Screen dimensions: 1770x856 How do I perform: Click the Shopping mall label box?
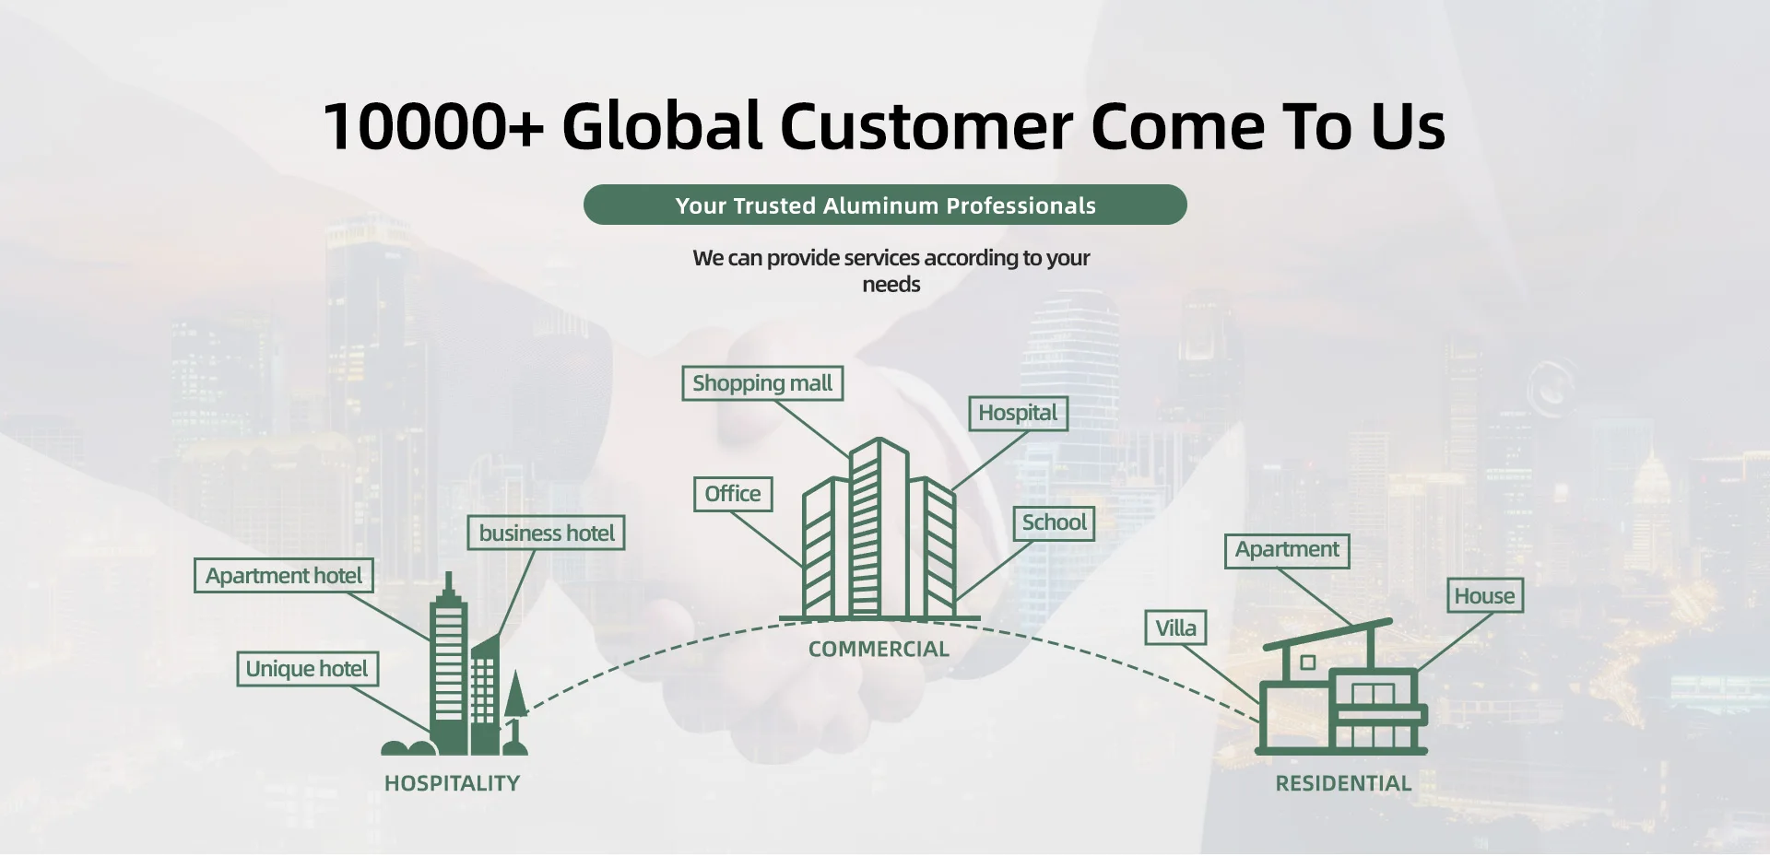(762, 383)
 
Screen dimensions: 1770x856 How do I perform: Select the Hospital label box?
(1018, 413)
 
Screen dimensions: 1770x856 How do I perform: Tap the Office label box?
(733, 494)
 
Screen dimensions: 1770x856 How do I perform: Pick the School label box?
(1054, 522)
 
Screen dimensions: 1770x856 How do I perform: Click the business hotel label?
(547, 534)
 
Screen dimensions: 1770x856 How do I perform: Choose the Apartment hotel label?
(284, 576)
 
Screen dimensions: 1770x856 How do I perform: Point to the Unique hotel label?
(307, 669)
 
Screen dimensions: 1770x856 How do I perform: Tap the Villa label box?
(1175, 628)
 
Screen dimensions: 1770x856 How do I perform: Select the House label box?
(1484, 596)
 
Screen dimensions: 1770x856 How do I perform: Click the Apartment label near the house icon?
(1287, 550)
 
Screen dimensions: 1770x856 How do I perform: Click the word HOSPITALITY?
(452, 783)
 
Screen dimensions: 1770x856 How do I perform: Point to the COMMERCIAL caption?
(879, 649)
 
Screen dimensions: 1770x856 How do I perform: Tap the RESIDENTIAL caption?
(1343, 783)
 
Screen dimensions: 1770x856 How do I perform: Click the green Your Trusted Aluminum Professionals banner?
(885, 205)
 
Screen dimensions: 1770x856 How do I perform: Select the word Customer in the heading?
(926, 126)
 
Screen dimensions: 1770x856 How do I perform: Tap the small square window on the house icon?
(1307, 663)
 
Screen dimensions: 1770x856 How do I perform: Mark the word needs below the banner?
(891, 285)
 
